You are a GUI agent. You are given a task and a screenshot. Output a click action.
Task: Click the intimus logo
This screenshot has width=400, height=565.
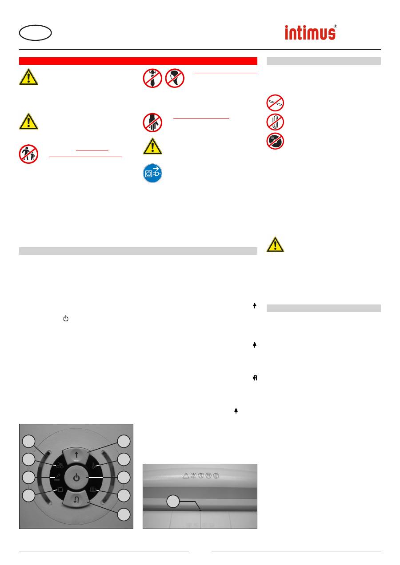[x=311, y=32]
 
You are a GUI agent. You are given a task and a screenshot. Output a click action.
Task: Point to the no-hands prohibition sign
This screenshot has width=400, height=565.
[x=152, y=122]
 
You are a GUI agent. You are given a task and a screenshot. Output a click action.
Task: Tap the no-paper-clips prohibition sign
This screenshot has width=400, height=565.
[x=275, y=122]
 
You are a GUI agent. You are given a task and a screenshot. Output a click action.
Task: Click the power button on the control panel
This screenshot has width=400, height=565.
[x=76, y=478]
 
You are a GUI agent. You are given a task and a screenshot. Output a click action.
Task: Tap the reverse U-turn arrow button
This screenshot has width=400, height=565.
[x=76, y=500]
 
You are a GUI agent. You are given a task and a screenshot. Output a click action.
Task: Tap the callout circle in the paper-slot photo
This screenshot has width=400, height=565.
[x=173, y=502]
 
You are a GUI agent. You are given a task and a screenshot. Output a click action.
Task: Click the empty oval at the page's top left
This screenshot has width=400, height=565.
[x=36, y=32]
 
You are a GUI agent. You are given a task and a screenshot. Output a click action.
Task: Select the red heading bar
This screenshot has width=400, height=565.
[x=138, y=61]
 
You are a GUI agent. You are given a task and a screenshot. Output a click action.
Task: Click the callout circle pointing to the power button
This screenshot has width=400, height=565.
[x=124, y=478]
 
